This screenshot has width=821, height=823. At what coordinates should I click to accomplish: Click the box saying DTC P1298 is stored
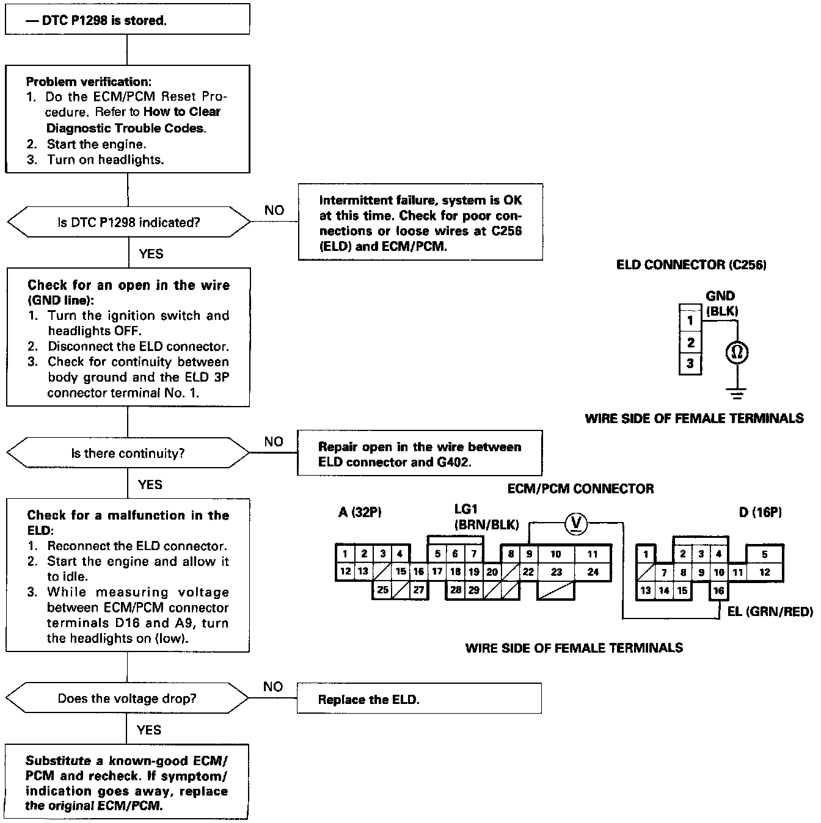tap(127, 20)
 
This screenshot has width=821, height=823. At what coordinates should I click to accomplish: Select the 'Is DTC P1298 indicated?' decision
tap(128, 223)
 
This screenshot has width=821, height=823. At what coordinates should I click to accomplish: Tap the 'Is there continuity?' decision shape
tap(128, 453)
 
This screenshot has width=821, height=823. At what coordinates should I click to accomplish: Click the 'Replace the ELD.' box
tap(419, 698)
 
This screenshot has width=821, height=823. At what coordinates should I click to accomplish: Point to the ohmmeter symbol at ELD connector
tap(737, 352)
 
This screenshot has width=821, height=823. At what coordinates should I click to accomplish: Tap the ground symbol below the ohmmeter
tap(737, 393)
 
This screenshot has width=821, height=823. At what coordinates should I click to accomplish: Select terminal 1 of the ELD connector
tap(690, 320)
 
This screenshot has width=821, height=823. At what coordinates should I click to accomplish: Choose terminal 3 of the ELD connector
tap(690, 364)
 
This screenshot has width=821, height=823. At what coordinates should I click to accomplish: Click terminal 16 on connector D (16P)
tap(718, 590)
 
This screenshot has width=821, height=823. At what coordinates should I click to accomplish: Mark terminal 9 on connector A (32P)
tap(529, 554)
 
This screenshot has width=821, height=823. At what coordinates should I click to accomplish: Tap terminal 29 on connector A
tap(474, 590)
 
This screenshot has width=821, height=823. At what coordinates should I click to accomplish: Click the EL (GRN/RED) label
tap(770, 611)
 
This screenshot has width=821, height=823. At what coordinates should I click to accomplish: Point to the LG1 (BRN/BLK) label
tap(486, 517)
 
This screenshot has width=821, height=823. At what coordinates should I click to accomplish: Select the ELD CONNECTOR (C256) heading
tap(691, 265)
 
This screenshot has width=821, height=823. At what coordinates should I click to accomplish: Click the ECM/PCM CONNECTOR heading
tap(580, 488)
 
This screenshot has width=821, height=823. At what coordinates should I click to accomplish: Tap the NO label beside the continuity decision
tap(274, 441)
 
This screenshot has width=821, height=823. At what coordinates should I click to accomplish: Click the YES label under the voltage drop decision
tap(149, 730)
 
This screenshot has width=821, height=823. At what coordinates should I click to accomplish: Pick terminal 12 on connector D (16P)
tap(765, 573)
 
